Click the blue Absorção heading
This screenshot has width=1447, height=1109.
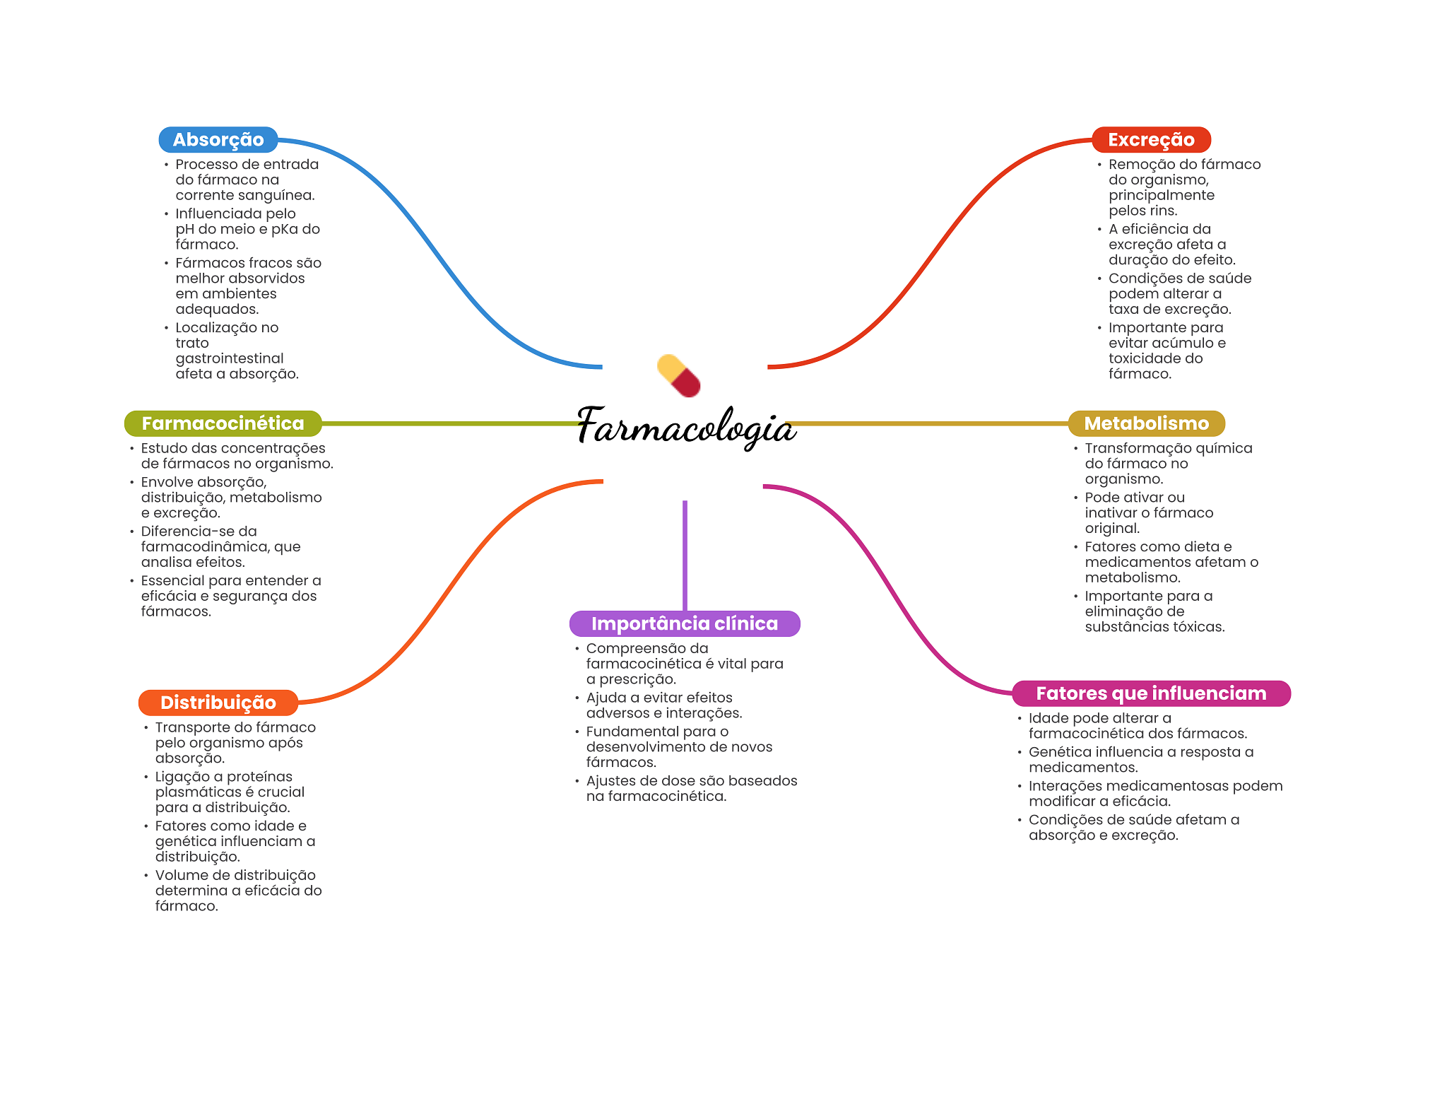[218, 140]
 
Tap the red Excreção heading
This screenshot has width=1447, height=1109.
[1151, 140]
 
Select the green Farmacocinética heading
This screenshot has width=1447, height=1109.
[223, 423]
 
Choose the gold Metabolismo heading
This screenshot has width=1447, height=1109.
[1146, 423]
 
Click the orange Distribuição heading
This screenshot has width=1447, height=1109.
[218, 703]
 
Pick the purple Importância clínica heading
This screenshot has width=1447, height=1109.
[684, 623]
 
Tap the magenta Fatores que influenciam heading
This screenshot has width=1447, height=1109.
[1151, 693]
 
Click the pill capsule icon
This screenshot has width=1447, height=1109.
[678, 376]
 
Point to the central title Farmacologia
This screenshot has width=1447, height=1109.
[686, 426]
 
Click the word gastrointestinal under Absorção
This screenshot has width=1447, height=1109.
[230, 358]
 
